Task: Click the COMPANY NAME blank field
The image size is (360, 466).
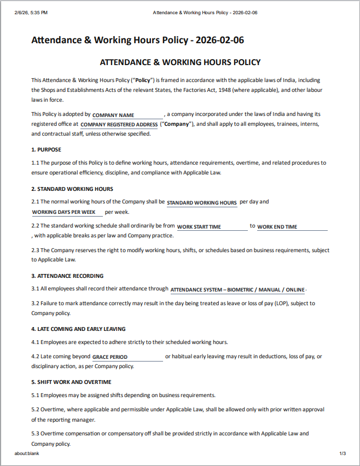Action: tap(127, 115)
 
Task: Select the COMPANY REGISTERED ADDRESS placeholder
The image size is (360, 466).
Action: tap(119, 125)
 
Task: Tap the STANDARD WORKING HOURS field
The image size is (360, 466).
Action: tap(201, 203)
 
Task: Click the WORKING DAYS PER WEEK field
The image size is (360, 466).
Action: tap(67, 212)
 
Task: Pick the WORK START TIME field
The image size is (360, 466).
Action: tap(212, 227)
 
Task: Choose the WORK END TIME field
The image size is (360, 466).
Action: tap(292, 227)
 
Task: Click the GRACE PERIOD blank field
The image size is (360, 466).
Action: tap(127, 357)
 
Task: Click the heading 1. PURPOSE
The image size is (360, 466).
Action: tap(47, 149)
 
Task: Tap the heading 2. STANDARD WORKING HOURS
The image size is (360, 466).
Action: tap(72, 189)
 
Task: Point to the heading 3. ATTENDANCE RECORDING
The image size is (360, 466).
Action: tap(67, 276)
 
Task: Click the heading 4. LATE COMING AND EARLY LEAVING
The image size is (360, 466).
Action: tap(78, 329)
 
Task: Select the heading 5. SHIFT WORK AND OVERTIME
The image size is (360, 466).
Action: tap(71, 382)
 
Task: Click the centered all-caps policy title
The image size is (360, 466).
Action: tap(180, 62)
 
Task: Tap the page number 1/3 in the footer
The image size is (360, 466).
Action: tap(342, 453)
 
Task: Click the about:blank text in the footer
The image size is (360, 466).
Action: tap(27, 453)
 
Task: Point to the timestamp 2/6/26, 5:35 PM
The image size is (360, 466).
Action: tap(31, 12)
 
